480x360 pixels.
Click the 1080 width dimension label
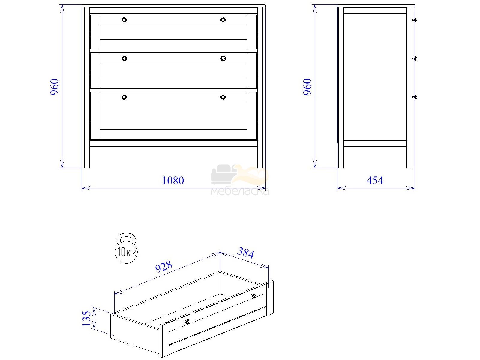[x=173, y=181]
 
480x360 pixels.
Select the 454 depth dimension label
[x=375, y=181]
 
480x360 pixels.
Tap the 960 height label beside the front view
[x=55, y=87]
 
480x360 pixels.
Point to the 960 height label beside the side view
[x=307, y=87]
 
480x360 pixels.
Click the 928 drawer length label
[x=164, y=267]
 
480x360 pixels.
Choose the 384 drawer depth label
[x=246, y=253]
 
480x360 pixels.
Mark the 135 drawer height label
[x=87, y=319]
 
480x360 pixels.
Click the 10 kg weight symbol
[x=126, y=248]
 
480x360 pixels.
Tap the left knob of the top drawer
[x=124, y=20]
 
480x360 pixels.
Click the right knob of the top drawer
[x=223, y=20]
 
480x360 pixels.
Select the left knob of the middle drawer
[x=124, y=58]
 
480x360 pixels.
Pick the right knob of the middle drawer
[x=223, y=58]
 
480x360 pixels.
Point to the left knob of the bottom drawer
[x=124, y=97]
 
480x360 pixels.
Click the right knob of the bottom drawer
[x=223, y=97]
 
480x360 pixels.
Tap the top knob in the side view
[x=415, y=20]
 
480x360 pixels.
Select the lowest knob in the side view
[x=415, y=97]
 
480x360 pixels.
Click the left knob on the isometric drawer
[x=187, y=322]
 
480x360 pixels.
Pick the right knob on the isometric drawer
[x=253, y=295]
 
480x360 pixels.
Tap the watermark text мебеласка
[x=240, y=191]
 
